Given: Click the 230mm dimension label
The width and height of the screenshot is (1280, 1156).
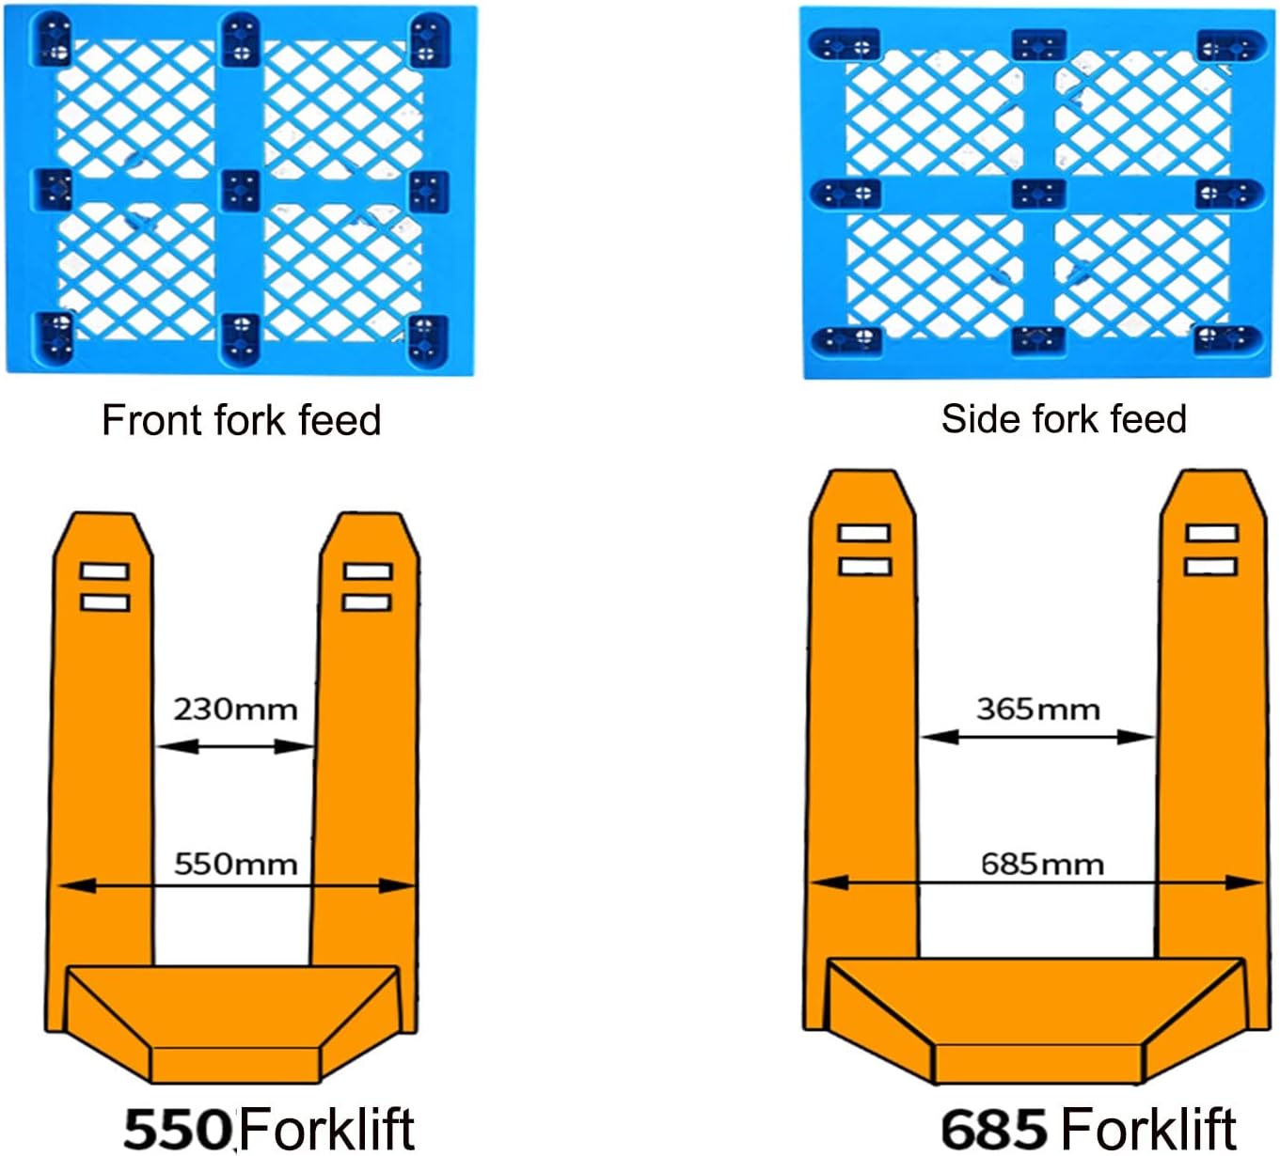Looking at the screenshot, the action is pyautogui.click(x=235, y=709).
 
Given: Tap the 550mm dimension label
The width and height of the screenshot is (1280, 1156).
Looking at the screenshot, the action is pyautogui.click(x=235, y=864).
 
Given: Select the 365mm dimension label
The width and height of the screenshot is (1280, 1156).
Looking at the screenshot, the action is pyautogui.click(x=1037, y=709).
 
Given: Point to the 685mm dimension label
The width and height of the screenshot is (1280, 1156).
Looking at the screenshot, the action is pyautogui.click(x=1042, y=864).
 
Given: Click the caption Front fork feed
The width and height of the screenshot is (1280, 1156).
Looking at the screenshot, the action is pyautogui.click(x=241, y=420).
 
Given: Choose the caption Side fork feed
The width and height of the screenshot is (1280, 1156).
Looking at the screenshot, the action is pyautogui.click(x=1064, y=419).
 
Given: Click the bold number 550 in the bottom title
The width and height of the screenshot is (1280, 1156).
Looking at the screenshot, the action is pyautogui.click(x=178, y=1127).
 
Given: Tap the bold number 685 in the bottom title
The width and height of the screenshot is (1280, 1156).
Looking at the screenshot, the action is pyautogui.click(x=993, y=1127).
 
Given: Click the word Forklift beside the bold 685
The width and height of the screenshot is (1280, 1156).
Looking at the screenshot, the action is pyautogui.click(x=1149, y=1127).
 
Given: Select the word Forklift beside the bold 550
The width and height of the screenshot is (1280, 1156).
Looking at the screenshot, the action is pyautogui.click(x=326, y=1127).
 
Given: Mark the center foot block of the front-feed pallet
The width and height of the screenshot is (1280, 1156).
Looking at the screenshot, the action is pyautogui.click(x=240, y=190).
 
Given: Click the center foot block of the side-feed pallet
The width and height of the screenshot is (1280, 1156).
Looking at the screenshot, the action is pyautogui.click(x=1038, y=194).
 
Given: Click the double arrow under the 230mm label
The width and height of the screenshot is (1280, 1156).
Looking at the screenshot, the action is pyautogui.click(x=235, y=746).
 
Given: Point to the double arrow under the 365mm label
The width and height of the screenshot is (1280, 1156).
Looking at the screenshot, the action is pyautogui.click(x=1037, y=738).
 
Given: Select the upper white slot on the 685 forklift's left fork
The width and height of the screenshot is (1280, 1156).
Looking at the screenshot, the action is pyautogui.click(x=863, y=533).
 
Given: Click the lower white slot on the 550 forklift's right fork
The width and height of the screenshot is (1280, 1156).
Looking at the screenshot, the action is pyautogui.click(x=367, y=601).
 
